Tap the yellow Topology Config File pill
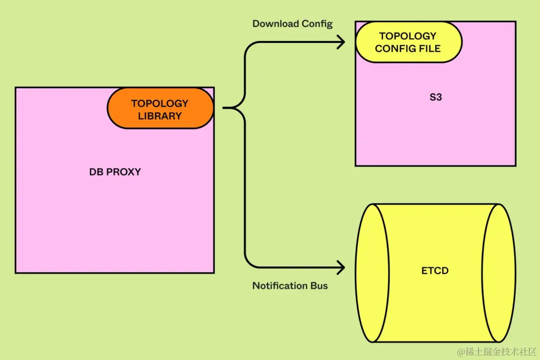(407, 42)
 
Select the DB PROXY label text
(115, 171)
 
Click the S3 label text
(435, 97)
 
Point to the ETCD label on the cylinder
(435, 270)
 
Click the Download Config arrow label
(292, 23)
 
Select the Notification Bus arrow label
(290, 285)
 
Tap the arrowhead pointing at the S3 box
(341, 42)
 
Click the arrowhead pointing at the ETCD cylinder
(341, 267)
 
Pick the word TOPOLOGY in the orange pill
(160, 103)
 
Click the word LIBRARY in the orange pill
(160, 116)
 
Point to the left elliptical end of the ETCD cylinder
(370, 273)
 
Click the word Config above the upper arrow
(317, 23)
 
